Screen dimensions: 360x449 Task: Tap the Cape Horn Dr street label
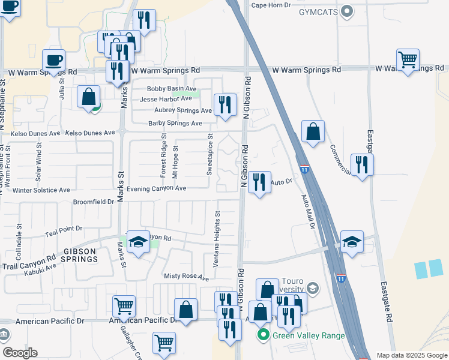271,5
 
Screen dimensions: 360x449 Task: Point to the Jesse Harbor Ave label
166,99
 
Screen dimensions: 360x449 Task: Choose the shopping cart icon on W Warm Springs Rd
408,60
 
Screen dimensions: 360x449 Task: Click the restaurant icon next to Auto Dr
259,182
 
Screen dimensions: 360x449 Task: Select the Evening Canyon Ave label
155,188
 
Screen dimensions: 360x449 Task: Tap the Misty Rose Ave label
186,277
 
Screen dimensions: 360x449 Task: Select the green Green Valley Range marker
262,335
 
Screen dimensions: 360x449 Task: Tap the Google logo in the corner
20,353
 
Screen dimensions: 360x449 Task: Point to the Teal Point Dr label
63,229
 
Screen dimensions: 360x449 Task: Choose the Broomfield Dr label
94,202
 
